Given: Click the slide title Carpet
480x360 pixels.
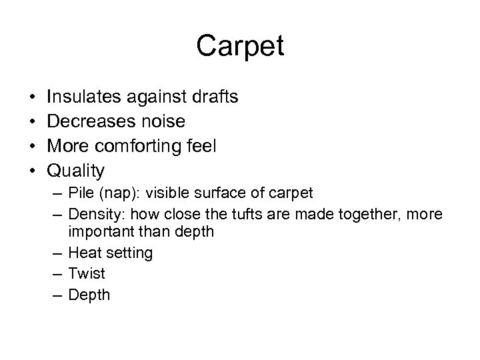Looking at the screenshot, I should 240,46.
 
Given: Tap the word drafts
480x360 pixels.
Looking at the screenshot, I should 213,97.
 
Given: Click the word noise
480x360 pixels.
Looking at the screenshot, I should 162,122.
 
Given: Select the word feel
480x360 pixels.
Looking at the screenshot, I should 201,147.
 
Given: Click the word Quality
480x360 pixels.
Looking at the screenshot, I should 75,171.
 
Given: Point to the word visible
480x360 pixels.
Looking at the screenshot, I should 167,193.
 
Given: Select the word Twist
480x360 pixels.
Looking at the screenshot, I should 87,273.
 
